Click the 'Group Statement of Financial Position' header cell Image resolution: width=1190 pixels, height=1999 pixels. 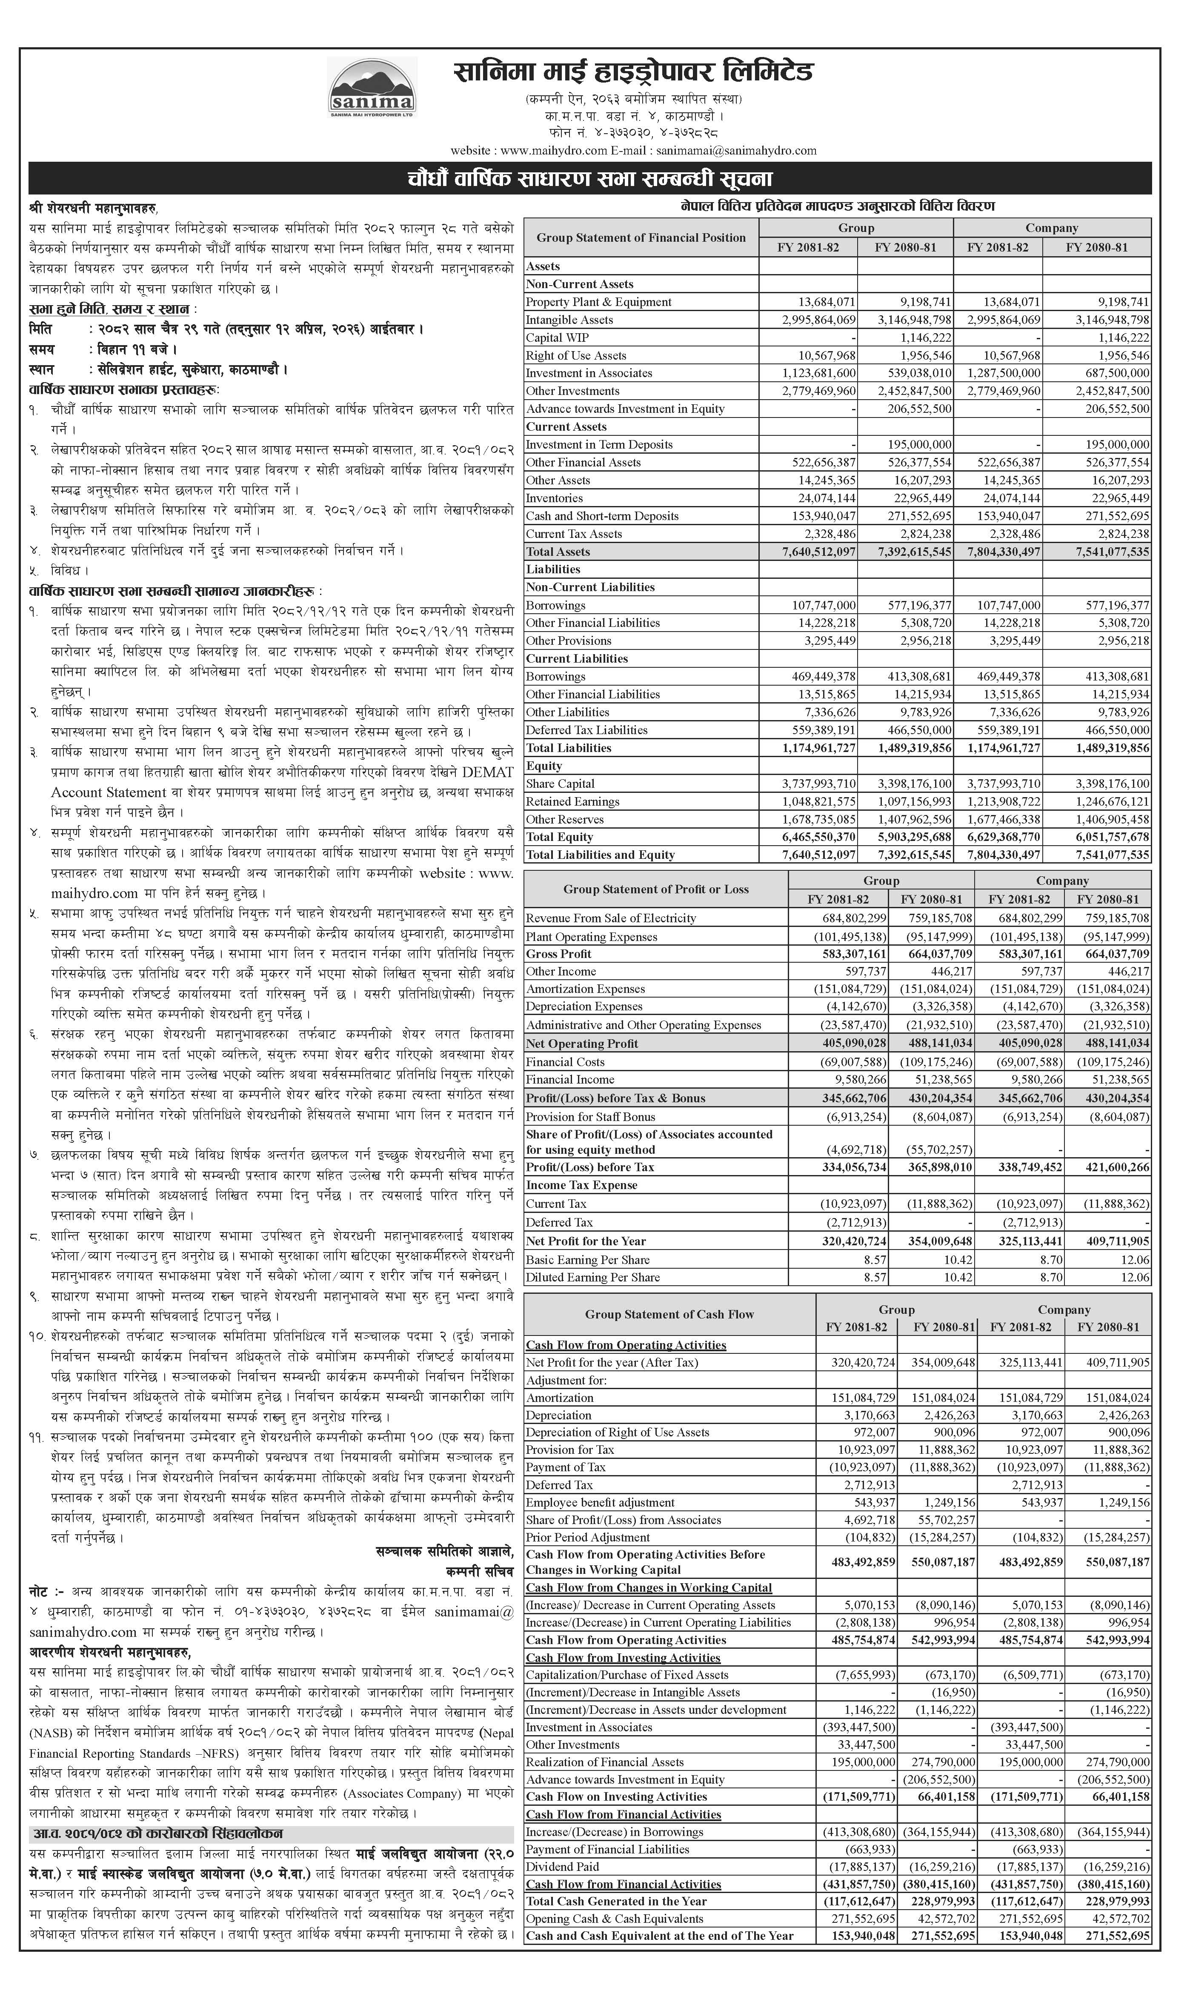click(641, 237)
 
